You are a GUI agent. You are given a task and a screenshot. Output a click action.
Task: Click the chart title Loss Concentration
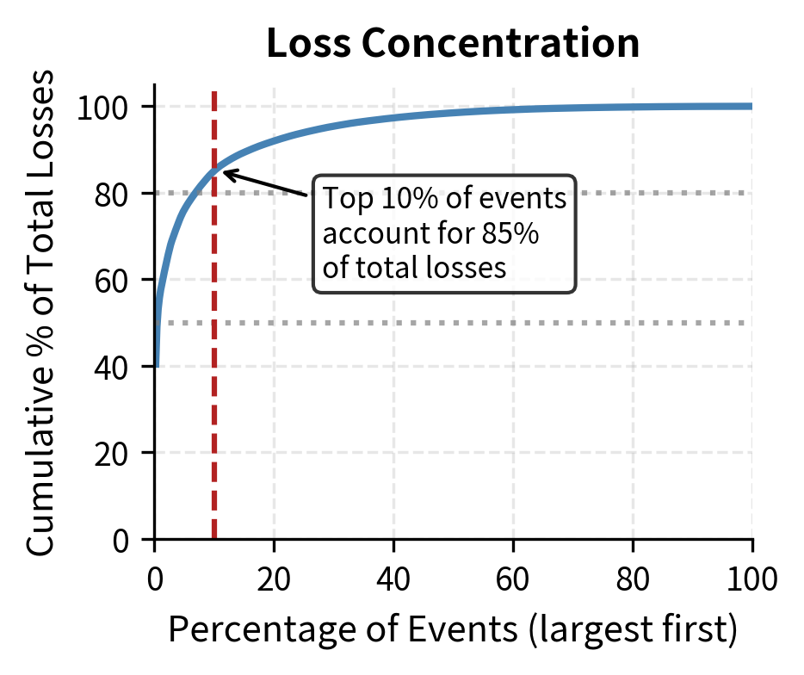453,44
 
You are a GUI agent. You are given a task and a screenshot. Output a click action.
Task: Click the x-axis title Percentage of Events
453,630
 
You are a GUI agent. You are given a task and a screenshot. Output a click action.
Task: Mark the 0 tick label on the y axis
121,540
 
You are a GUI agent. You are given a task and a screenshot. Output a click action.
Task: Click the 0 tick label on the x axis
155,578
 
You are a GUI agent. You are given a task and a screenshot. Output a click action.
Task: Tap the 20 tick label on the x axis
274,578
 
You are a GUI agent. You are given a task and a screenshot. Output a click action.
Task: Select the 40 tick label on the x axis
393,578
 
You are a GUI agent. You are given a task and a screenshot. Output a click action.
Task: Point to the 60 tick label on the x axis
513,578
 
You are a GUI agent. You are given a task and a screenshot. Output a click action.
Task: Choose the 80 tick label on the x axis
633,578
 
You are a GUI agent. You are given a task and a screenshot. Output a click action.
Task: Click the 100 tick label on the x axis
751,578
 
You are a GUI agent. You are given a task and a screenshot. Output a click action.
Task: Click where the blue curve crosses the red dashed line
214,167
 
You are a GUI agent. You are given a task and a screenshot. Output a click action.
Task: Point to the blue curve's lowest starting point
157,365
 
